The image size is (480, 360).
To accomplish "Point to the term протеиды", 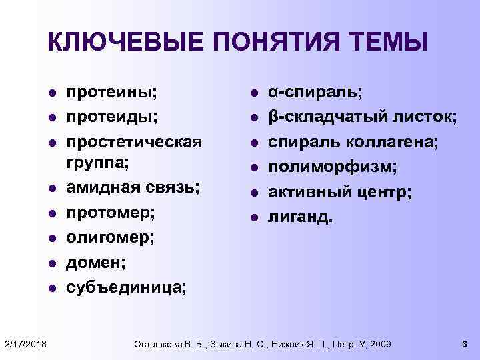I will click(116, 117).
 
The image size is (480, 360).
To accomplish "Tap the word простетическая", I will click(133, 142).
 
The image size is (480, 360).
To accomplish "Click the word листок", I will click(423, 117).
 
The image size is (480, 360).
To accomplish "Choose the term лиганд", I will click(299, 216).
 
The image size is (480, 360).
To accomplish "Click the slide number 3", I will click(464, 343).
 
